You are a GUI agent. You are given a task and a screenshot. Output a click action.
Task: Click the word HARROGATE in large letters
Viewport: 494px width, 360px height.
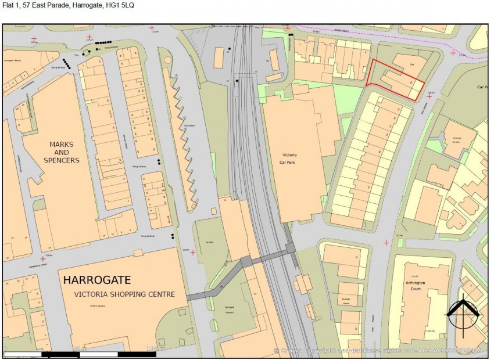click(x=97, y=280)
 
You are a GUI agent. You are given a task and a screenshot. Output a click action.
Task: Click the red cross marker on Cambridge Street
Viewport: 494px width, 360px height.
click(x=42, y=258)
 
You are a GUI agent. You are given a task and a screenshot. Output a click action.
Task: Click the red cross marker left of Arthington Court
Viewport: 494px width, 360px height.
click(x=385, y=243)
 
